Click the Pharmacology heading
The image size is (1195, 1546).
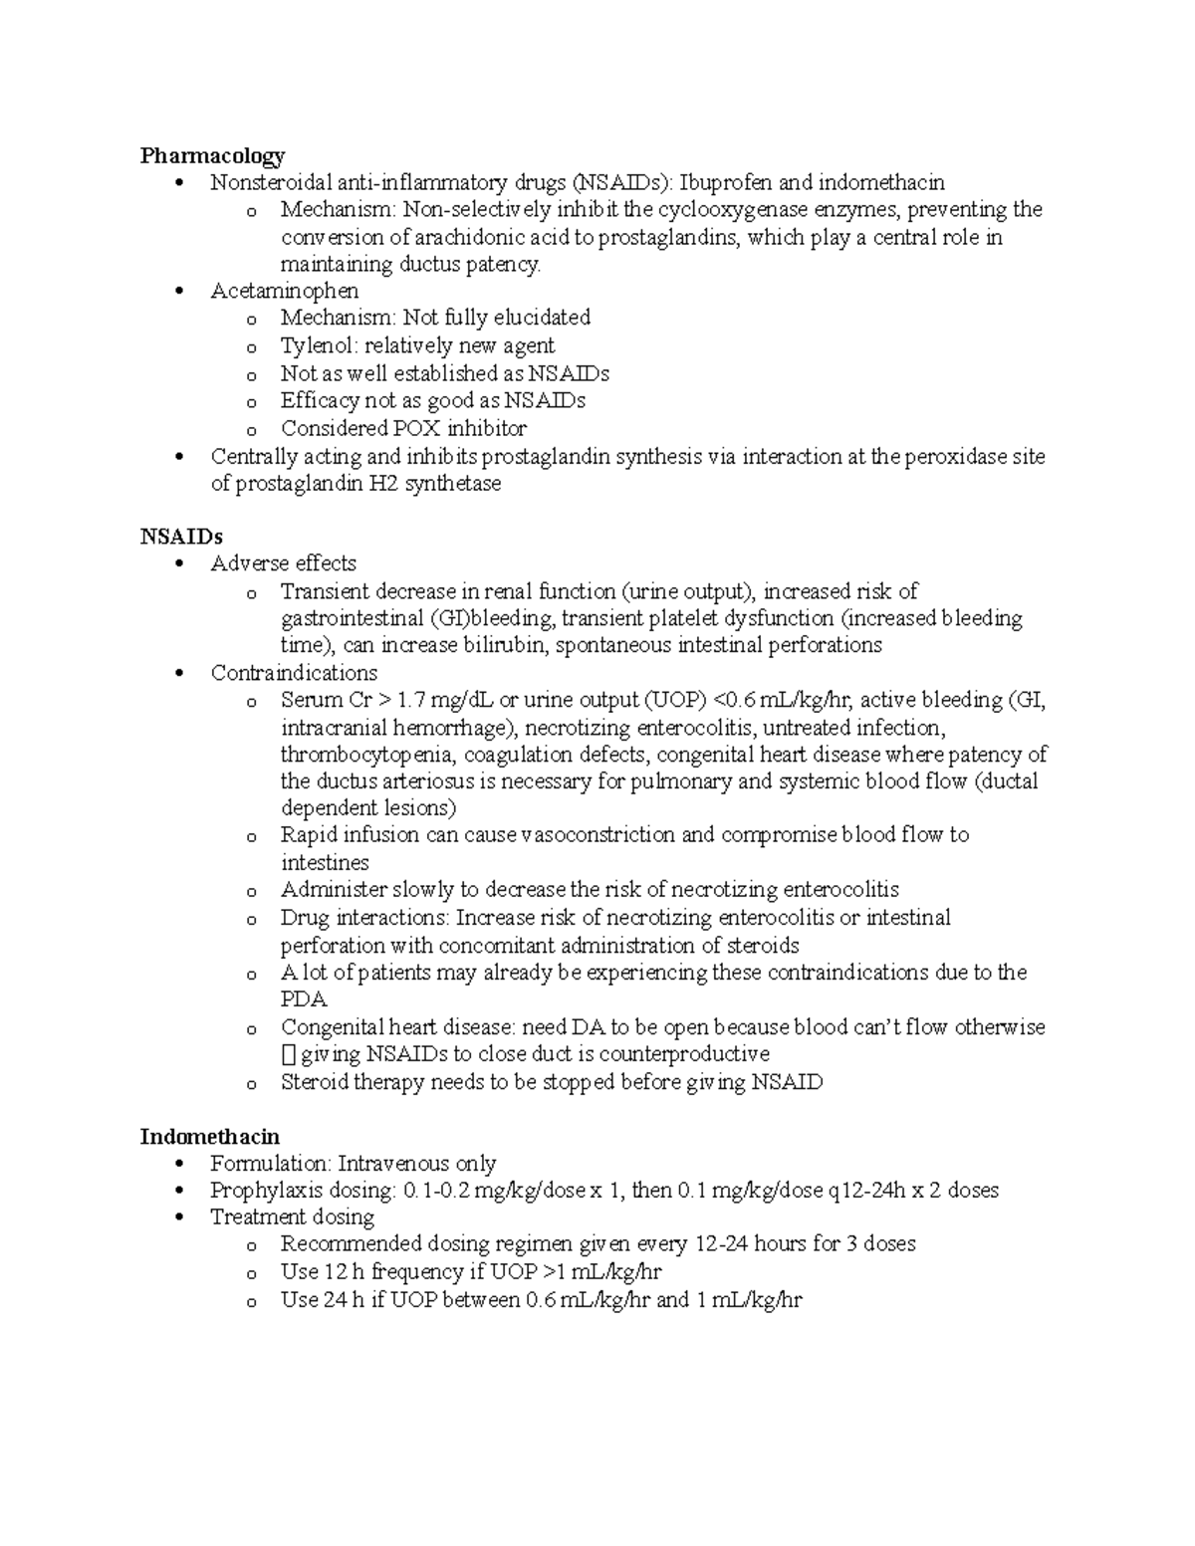click(x=212, y=155)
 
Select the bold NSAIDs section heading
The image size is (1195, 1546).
click(x=181, y=537)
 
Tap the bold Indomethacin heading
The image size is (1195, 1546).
click(x=210, y=1137)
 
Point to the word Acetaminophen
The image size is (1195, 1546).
click(x=285, y=291)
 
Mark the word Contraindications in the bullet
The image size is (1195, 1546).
click(x=294, y=673)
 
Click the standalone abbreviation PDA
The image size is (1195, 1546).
click(x=304, y=999)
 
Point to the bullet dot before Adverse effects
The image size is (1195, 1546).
click(x=179, y=564)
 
